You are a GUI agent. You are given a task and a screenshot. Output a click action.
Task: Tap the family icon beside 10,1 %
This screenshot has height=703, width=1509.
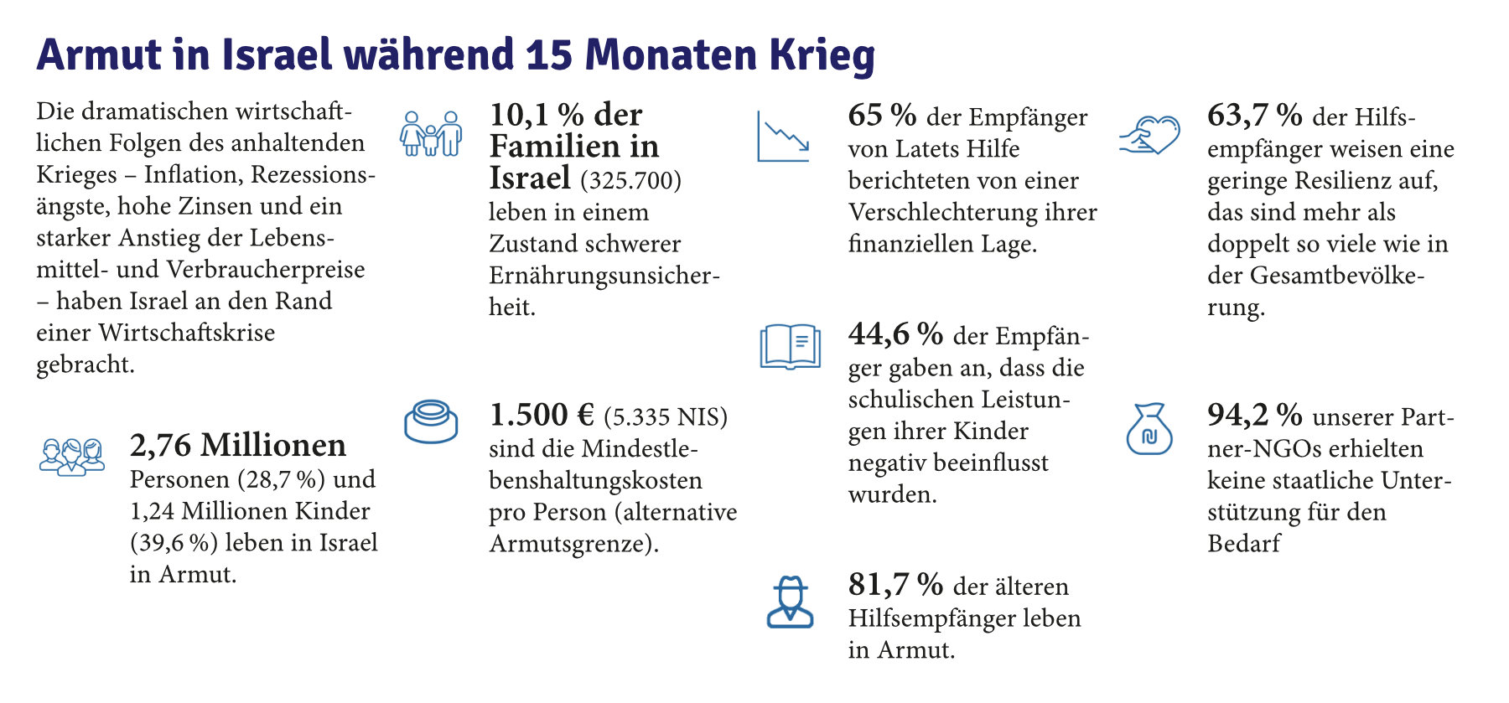point(431,133)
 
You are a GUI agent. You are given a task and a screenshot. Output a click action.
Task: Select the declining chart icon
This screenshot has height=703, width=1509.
point(783,136)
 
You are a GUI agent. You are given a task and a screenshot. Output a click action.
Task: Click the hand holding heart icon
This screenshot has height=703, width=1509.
point(1149,134)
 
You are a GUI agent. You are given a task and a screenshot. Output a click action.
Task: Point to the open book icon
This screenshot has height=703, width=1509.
point(790,346)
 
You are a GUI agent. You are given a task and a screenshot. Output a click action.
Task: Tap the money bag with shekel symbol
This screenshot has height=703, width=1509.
point(1149,429)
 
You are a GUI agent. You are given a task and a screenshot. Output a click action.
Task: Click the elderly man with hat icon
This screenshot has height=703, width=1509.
point(790,602)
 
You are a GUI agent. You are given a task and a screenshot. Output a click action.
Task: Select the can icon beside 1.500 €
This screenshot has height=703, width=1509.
point(431,421)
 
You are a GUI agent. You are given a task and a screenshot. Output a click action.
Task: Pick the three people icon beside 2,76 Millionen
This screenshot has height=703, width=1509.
point(72,457)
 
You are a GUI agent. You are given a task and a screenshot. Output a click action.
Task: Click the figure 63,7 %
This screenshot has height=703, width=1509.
point(1254,116)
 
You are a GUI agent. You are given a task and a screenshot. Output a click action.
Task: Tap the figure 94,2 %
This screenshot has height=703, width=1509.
point(1254,415)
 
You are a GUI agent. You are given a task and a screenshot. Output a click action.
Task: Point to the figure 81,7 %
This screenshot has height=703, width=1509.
point(895,585)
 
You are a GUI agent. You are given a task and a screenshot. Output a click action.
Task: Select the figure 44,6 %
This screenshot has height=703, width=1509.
point(895,334)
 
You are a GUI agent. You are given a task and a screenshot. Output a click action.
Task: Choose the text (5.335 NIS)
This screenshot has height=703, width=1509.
point(666,416)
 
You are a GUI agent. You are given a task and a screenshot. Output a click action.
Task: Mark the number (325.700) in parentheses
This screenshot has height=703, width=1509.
point(630,180)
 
